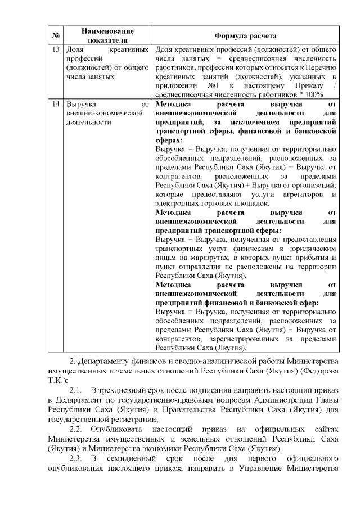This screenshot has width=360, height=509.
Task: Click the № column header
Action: pos(56,35)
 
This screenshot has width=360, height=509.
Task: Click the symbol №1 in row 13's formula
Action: pos(213,85)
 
